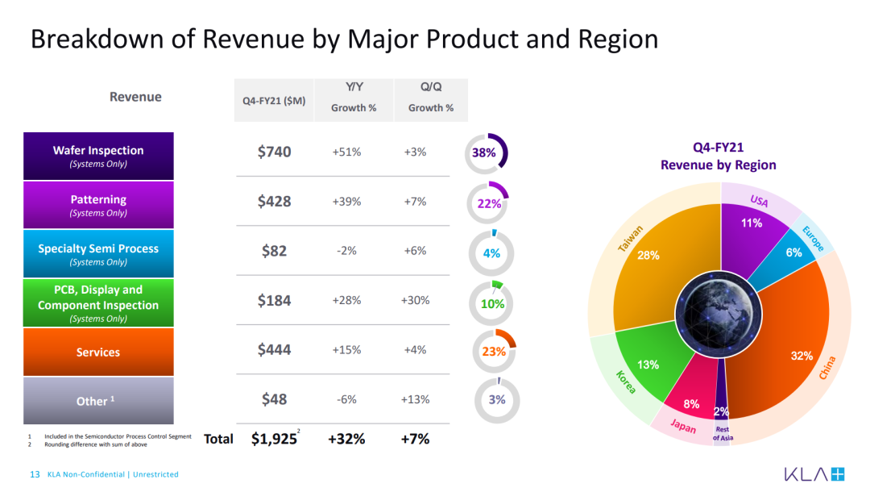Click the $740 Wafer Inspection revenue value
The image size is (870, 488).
[274, 152]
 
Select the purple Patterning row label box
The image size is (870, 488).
[98, 205]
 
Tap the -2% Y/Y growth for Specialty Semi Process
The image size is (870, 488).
[346, 251]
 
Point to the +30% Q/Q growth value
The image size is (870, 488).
[415, 300]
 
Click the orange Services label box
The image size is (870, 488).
[98, 352]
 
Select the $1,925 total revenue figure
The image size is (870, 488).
[274, 439]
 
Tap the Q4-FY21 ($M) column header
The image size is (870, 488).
[274, 101]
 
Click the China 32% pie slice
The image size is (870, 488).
[788, 344]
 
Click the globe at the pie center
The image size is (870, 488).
[719, 315]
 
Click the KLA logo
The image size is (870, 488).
[814, 474]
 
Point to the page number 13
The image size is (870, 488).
[35, 474]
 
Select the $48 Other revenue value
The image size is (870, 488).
[274, 399]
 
